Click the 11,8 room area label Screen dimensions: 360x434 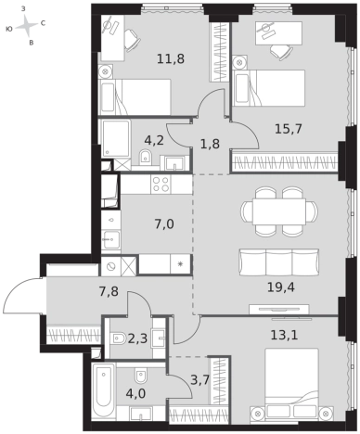[x=171, y=58]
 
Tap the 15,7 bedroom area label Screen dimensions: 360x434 [x=289, y=128]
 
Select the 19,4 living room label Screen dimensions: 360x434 [x=281, y=287]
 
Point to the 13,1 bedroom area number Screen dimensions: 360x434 [x=284, y=335]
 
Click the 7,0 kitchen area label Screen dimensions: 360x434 [x=164, y=223]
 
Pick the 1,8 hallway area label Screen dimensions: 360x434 [x=210, y=144]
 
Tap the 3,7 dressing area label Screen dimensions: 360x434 [x=200, y=380]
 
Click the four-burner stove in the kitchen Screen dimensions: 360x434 [x=161, y=185]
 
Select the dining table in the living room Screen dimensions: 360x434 [x=279, y=211]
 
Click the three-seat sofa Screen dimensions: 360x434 [x=279, y=262]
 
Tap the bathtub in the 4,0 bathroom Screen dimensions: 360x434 [x=104, y=391]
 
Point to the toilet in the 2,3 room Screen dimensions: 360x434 [x=118, y=338]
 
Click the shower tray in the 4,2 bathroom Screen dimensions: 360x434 [x=116, y=138]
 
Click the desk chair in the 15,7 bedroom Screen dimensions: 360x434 [x=281, y=52]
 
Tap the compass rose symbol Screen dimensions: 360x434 [x=26, y=26]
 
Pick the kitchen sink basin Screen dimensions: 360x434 [x=111, y=239]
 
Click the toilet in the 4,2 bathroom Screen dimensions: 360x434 [x=145, y=157]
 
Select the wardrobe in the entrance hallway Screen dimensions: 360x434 [x=73, y=335]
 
